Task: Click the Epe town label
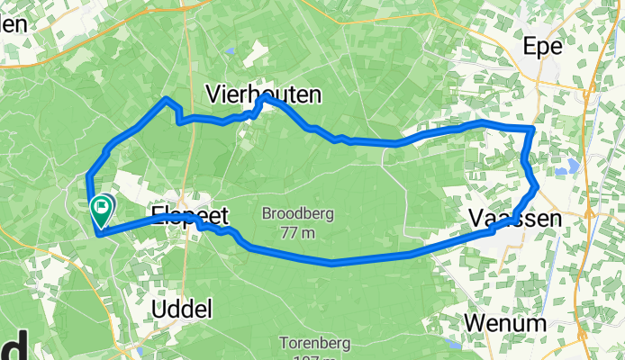click(544, 48)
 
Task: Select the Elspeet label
click(190, 216)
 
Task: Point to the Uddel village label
click(182, 309)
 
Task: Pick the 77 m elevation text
click(297, 233)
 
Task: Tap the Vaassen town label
click(515, 219)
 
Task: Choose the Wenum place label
click(505, 323)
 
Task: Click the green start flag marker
click(102, 209)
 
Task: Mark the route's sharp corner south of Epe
click(534, 130)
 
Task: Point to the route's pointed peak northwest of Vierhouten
click(167, 98)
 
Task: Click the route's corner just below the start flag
click(96, 234)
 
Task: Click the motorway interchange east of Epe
click(587, 90)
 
